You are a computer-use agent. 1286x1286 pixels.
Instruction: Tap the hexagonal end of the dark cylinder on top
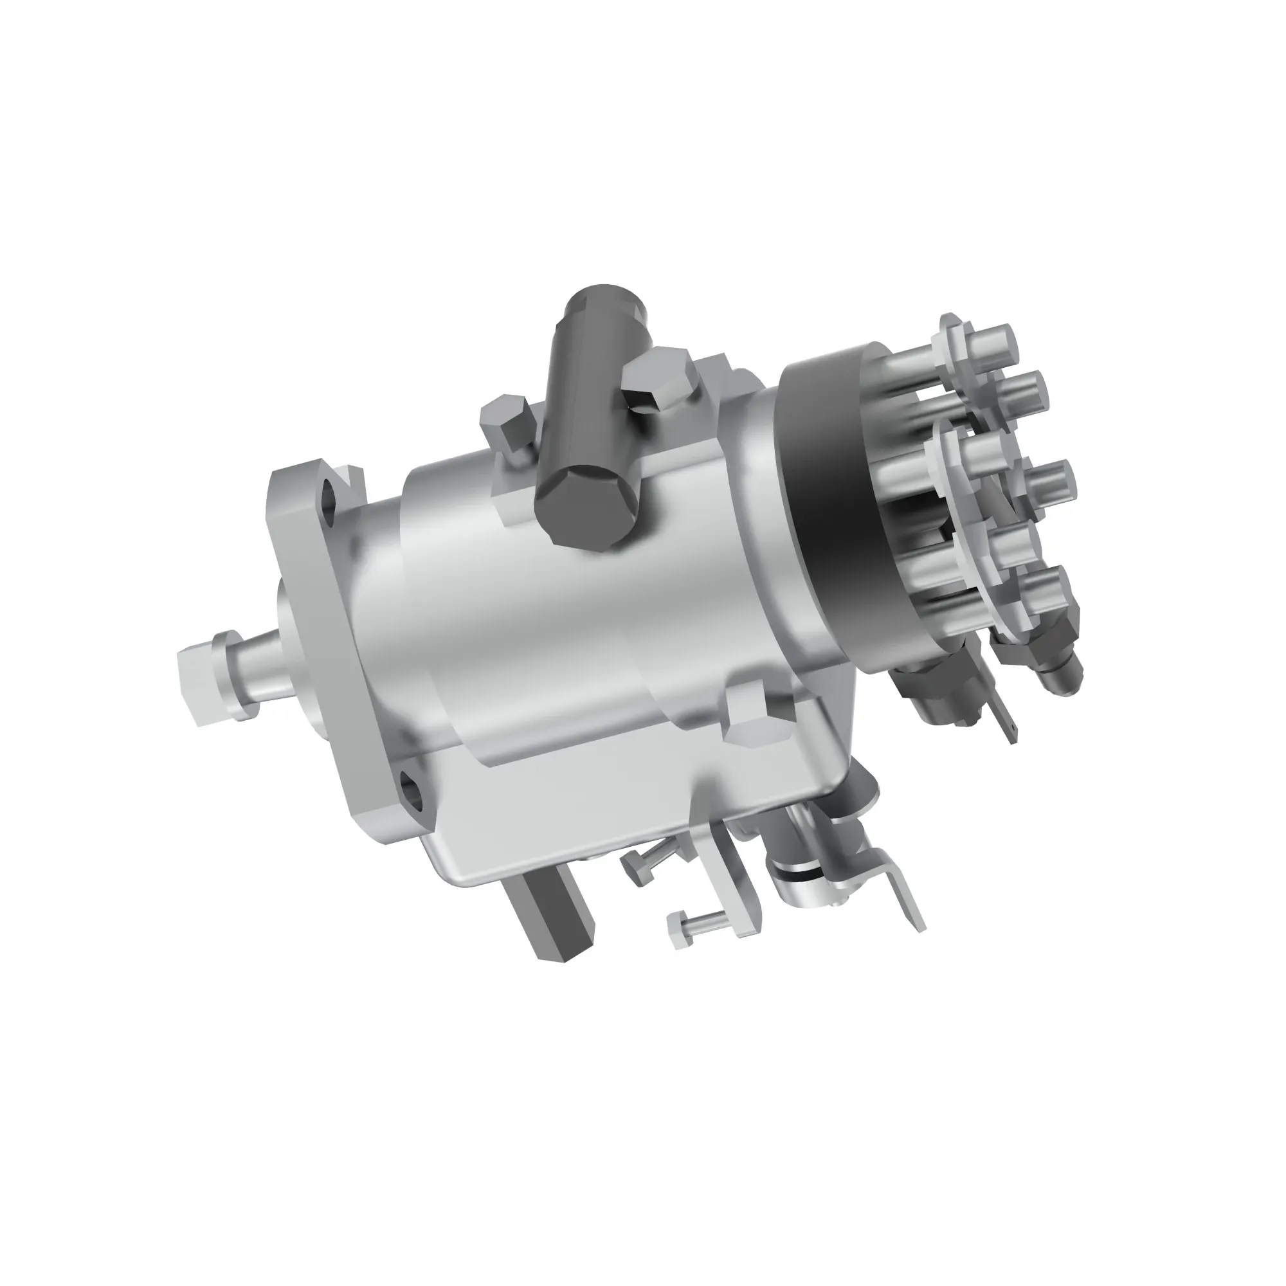(x=585, y=505)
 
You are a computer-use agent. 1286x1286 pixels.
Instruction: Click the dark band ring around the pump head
(x=835, y=506)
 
